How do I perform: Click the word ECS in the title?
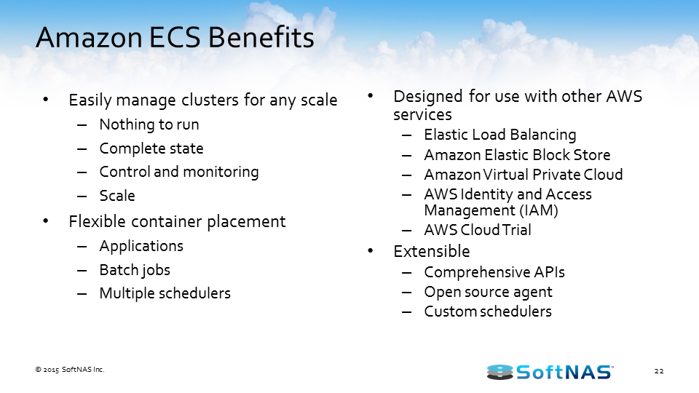[x=175, y=37]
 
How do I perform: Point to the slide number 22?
[x=659, y=370]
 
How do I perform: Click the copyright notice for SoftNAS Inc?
[x=70, y=370]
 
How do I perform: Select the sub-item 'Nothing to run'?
[x=149, y=124]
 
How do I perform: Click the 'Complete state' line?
[x=151, y=148]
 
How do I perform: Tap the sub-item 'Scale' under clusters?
[x=116, y=196]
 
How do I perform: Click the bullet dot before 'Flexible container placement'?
[x=45, y=221]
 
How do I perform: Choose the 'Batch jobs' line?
[x=135, y=270]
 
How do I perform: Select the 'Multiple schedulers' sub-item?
[x=165, y=293]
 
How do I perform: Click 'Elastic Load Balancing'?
[x=499, y=135]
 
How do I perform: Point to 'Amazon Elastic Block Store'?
[x=517, y=154]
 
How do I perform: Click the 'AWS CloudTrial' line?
[x=478, y=230]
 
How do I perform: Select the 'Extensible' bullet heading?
[x=432, y=251]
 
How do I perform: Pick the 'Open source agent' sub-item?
[x=488, y=293]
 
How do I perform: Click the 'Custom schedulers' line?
[x=488, y=311]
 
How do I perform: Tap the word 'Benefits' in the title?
[x=261, y=37]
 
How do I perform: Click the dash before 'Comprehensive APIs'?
[x=406, y=272]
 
